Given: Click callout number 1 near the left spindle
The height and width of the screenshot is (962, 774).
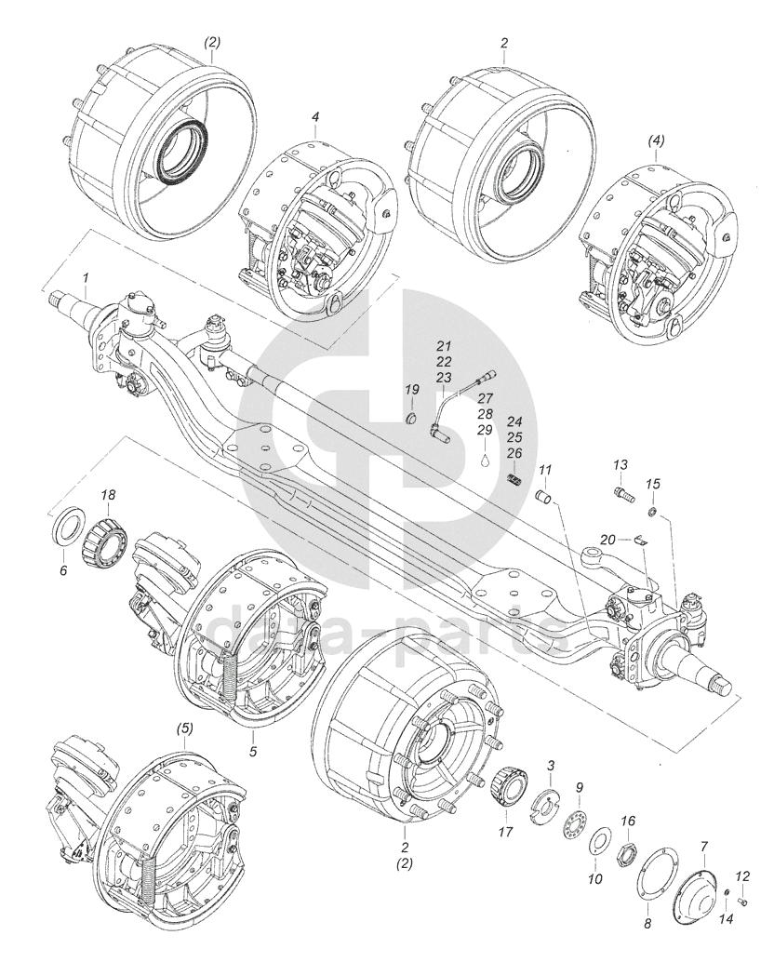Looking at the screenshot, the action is point(87,278).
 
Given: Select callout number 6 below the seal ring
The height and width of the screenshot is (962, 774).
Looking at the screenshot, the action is point(63,570).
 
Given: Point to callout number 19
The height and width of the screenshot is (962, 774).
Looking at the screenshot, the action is point(411,388).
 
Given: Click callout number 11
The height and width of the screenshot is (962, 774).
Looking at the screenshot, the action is point(545,469).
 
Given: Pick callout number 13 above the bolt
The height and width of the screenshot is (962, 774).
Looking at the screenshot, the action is point(621,464).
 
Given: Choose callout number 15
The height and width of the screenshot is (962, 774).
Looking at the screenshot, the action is point(653,484).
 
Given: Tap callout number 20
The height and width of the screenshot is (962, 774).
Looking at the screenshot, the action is point(607,539).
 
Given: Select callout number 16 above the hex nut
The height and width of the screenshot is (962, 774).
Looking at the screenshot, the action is point(628,821).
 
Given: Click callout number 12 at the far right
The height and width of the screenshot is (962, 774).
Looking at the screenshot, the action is point(742,875).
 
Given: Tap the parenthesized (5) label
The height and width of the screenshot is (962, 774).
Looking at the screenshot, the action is point(185,728).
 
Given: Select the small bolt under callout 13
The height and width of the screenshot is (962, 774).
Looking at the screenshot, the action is point(623,492).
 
